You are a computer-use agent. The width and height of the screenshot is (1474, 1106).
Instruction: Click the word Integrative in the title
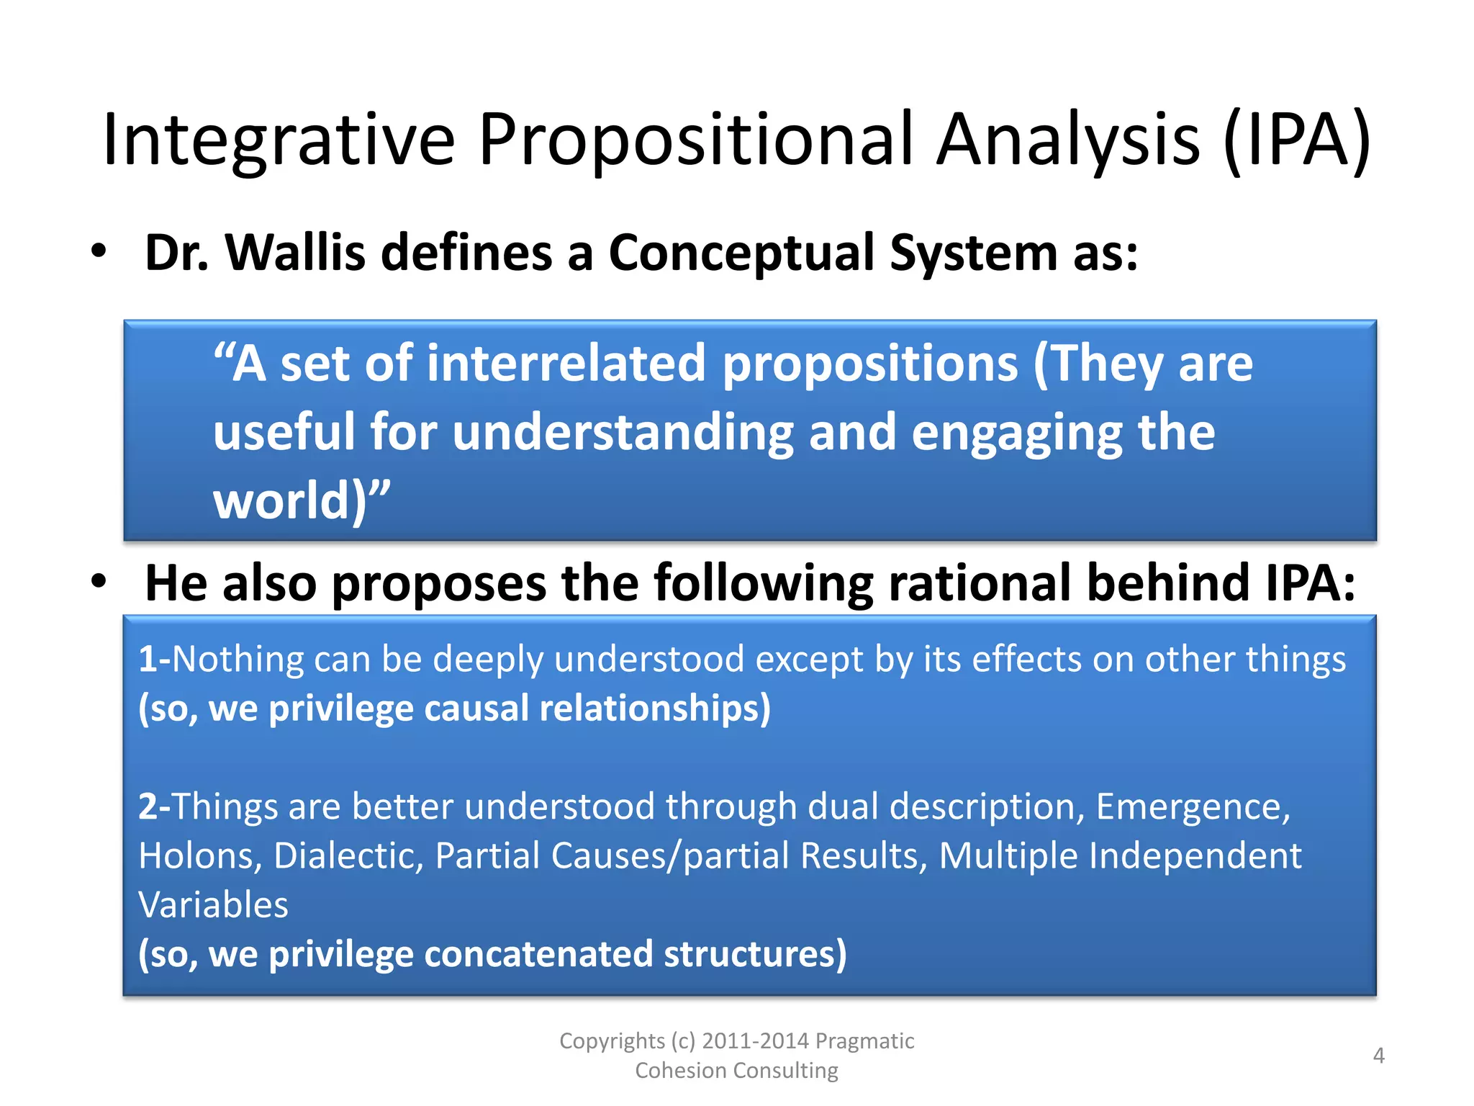click(279, 140)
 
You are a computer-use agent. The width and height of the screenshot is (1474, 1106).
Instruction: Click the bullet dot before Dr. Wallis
click(99, 251)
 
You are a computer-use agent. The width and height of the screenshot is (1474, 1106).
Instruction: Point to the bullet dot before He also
click(99, 580)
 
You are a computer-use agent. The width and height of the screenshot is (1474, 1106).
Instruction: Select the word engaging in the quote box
click(1016, 432)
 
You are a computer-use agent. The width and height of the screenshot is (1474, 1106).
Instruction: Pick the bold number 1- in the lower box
click(154, 659)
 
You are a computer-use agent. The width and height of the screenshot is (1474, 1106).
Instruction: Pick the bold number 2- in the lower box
click(154, 806)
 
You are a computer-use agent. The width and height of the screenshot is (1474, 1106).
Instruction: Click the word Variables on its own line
click(213, 905)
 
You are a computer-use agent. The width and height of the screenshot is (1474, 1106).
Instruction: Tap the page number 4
click(1378, 1056)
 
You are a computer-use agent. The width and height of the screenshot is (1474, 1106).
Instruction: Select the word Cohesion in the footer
click(681, 1071)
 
